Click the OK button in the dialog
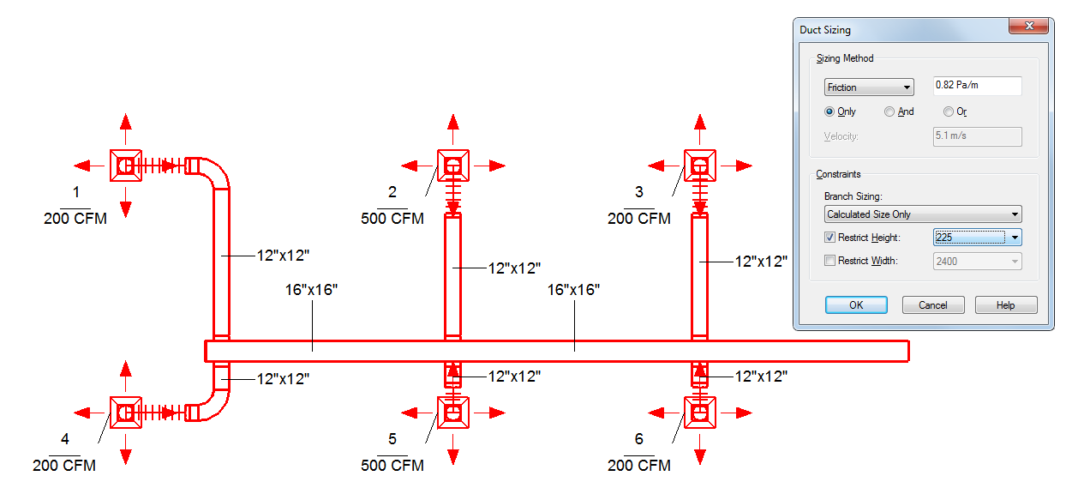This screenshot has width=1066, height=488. pos(856,304)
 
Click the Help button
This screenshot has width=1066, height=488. pos(1005,304)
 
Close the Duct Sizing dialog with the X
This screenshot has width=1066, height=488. pos(1029,26)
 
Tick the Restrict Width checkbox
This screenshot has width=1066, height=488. pos(829,261)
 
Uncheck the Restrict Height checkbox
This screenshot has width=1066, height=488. pos(829,237)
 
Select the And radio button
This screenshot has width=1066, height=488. pos(889,111)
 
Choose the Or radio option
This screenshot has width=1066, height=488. pos(949,111)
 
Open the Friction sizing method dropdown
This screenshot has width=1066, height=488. pos(869,87)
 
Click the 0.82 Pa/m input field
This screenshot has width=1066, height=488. pos(977,86)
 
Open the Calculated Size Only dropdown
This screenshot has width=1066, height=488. pos(923,214)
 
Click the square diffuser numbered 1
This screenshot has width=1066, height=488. pos(126,166)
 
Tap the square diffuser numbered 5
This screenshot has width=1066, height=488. pos(453,413)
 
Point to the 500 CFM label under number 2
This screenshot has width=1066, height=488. pos(392,219)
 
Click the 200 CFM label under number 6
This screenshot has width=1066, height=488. pos(638,465)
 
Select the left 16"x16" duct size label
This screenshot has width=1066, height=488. pos(311,290)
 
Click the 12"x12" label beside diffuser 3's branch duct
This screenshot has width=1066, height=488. pos(761,262)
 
